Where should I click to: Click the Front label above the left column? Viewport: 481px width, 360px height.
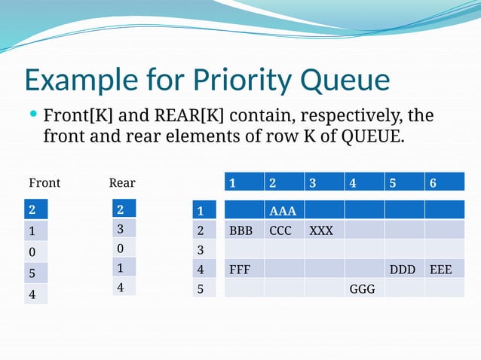(x=44, y=183)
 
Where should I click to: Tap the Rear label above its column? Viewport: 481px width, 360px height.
(x=122, y=183)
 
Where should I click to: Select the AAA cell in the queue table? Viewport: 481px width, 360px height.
(x=283, y=210)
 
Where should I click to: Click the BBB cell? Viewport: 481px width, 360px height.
(x=240, y=230)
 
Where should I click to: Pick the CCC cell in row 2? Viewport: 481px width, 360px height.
(x=280, y=230)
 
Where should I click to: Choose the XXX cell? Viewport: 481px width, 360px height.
(x=322, y=230)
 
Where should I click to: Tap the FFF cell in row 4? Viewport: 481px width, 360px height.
(x=240, y=269)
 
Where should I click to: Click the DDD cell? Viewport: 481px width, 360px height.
(x=402, y=269)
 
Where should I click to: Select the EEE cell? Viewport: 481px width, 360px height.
(x=441, y=269)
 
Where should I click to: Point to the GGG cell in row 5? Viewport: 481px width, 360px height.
(x=362, y=288)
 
